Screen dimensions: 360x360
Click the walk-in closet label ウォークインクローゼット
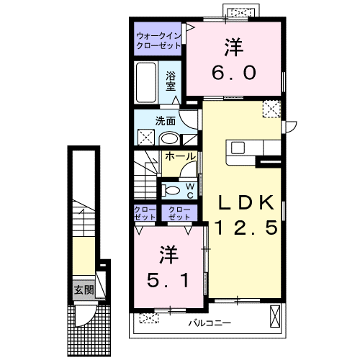pos(158,41)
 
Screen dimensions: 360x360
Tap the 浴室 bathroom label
pos(171,81)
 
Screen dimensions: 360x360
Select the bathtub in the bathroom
pos(145,83)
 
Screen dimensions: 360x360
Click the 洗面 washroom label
pos(166,121)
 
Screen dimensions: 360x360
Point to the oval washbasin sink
pos(169,138)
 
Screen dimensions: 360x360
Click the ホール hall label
pos(180,156)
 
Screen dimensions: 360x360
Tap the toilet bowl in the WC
pos(171,191)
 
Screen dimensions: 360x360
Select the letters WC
pos(190,191)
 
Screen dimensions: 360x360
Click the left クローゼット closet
pos(145,213)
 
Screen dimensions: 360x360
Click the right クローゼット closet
pos(179,213)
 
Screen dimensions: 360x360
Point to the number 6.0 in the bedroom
pos(234,73)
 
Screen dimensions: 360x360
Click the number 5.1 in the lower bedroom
pos(168,280)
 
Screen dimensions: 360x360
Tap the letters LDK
pos(246,203)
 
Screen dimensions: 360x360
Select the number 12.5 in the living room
pos(246,228)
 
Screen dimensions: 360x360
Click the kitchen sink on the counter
pos(238,148)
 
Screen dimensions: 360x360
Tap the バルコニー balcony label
pos(210,323)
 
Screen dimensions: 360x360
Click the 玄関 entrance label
pos(84,290)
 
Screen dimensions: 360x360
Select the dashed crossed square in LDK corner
pos(271,109)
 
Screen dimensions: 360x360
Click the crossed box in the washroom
pos(146,137)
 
